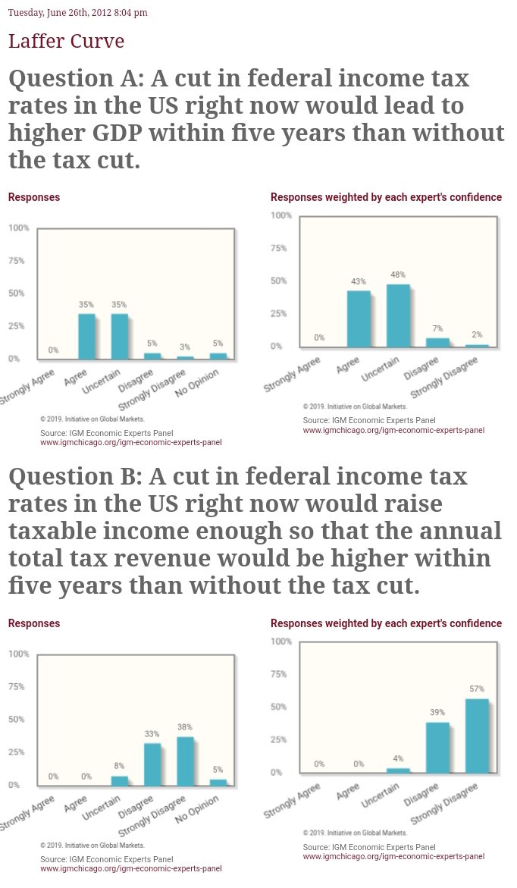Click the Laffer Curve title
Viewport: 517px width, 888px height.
(x=67, y=41)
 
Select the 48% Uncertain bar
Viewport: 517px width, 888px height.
(x=398, y=315)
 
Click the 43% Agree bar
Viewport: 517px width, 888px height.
(x=359, y=318)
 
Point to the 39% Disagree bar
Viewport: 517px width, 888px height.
(x=437, y=747)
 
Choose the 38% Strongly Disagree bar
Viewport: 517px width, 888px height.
(x=185, y=761)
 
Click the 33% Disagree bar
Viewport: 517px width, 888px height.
(x=152, y=764)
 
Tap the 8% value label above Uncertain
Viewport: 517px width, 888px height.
(x=119, y=766)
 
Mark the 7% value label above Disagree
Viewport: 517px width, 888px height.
(x=437, y=328)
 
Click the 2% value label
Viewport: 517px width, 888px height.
(x=477, y=334)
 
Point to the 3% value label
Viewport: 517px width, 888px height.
(x=185, y=347)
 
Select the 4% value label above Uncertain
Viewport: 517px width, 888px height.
(x=398, y=758)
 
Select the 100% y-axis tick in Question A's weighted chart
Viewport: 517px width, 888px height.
(x=280, y=215)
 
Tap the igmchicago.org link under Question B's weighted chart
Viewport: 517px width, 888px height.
(x=393, y=856)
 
